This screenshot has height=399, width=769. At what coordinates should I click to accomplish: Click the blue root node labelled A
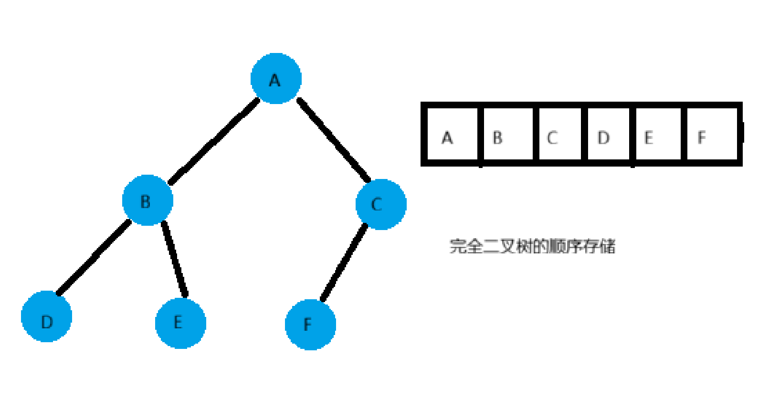coord(276,79)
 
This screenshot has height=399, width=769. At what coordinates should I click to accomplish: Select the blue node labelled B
coord(147,200)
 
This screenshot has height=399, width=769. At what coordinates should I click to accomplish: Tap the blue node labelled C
coord(381,204)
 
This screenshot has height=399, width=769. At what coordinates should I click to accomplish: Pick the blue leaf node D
coord(47,316)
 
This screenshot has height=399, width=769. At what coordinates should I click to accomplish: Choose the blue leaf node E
coord(180,323)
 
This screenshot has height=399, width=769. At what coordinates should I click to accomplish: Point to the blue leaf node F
coord(310,325)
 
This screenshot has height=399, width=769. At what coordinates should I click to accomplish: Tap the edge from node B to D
coord(94,257)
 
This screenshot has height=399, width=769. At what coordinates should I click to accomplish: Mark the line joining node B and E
coord(174,258)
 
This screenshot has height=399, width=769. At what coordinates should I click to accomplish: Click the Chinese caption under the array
coord(532,246)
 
